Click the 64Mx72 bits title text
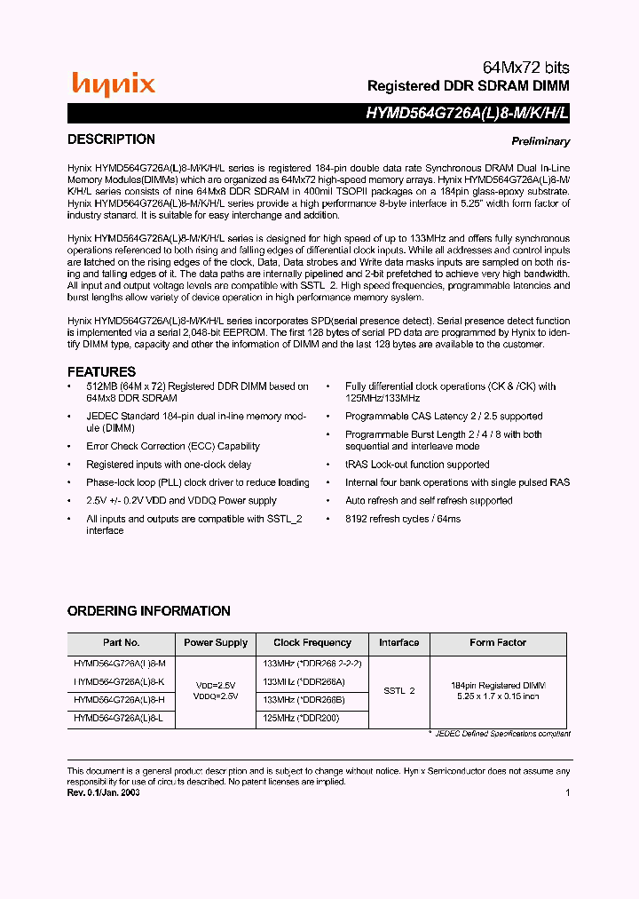[x=525, y=68]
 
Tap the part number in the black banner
[x=468, y=114]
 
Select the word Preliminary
[x=540, y=142]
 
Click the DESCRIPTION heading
[x=111, y=139]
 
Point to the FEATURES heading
[x=101, y=372]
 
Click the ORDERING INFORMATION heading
[x=148, y=611]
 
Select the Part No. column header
[x=121, y=643]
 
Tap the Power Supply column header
[x=217, y=643]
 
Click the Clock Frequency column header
[x=312, y=643]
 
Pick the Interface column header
[x=399, y=643]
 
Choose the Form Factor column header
[x=497, y=643]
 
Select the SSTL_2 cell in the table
[x=399, y=690]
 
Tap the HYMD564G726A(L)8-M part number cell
[x=120, y=664]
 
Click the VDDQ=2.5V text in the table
[x=216, y=697]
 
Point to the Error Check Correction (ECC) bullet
[x=172, y=447]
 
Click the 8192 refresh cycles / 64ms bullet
[x=403, y=519]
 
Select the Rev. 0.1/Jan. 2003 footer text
[x=104, y=792]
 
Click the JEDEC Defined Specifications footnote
[x=501, y=734]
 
